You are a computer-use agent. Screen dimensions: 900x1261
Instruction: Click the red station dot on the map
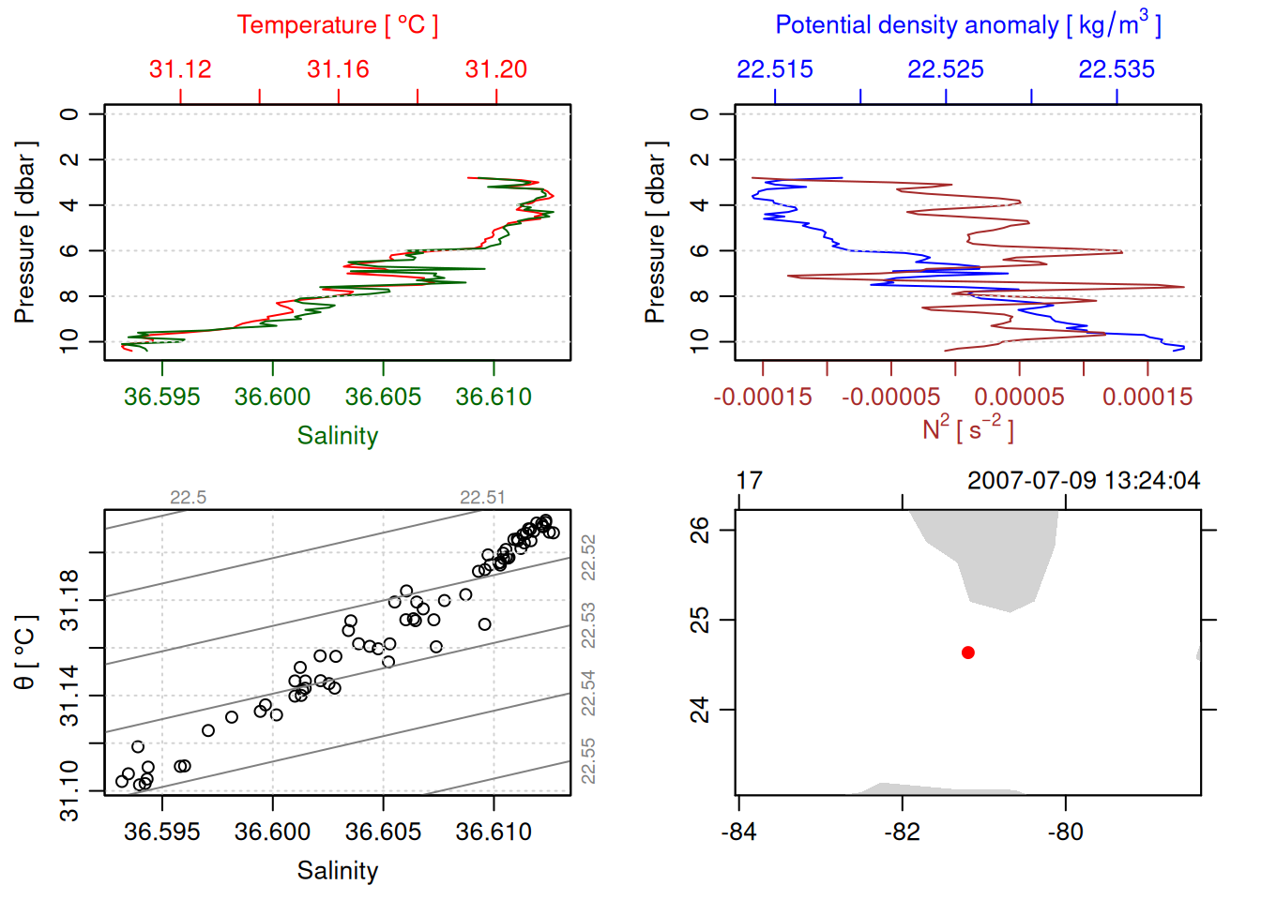968,652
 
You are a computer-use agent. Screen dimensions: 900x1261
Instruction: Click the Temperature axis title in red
338,25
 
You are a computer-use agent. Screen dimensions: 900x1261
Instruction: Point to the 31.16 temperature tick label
338,69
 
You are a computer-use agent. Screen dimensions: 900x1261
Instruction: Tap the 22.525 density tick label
946,69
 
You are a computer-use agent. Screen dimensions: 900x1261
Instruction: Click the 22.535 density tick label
1117,69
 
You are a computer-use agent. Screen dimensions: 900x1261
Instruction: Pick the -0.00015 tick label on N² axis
763,397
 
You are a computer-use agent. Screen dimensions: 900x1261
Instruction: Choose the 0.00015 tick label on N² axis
1147,397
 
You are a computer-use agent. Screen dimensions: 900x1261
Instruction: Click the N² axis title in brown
968,429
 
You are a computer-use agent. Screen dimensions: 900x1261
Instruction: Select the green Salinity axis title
338,436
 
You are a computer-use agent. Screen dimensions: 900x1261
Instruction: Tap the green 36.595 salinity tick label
162,397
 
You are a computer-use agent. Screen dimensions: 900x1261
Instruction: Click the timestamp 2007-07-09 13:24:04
1084,481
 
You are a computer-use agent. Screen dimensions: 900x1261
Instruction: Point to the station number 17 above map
750,481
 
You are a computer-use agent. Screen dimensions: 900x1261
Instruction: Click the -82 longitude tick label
903,832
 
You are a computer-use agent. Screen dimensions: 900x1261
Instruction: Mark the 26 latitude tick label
701,530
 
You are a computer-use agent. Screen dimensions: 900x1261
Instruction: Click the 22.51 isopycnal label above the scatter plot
482,498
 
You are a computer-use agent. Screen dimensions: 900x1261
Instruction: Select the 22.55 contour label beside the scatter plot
588,761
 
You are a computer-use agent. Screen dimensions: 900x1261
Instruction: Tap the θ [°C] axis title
25,652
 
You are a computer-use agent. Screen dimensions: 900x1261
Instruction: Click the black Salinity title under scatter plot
338,871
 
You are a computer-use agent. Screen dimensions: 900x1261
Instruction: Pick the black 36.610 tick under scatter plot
494,832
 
